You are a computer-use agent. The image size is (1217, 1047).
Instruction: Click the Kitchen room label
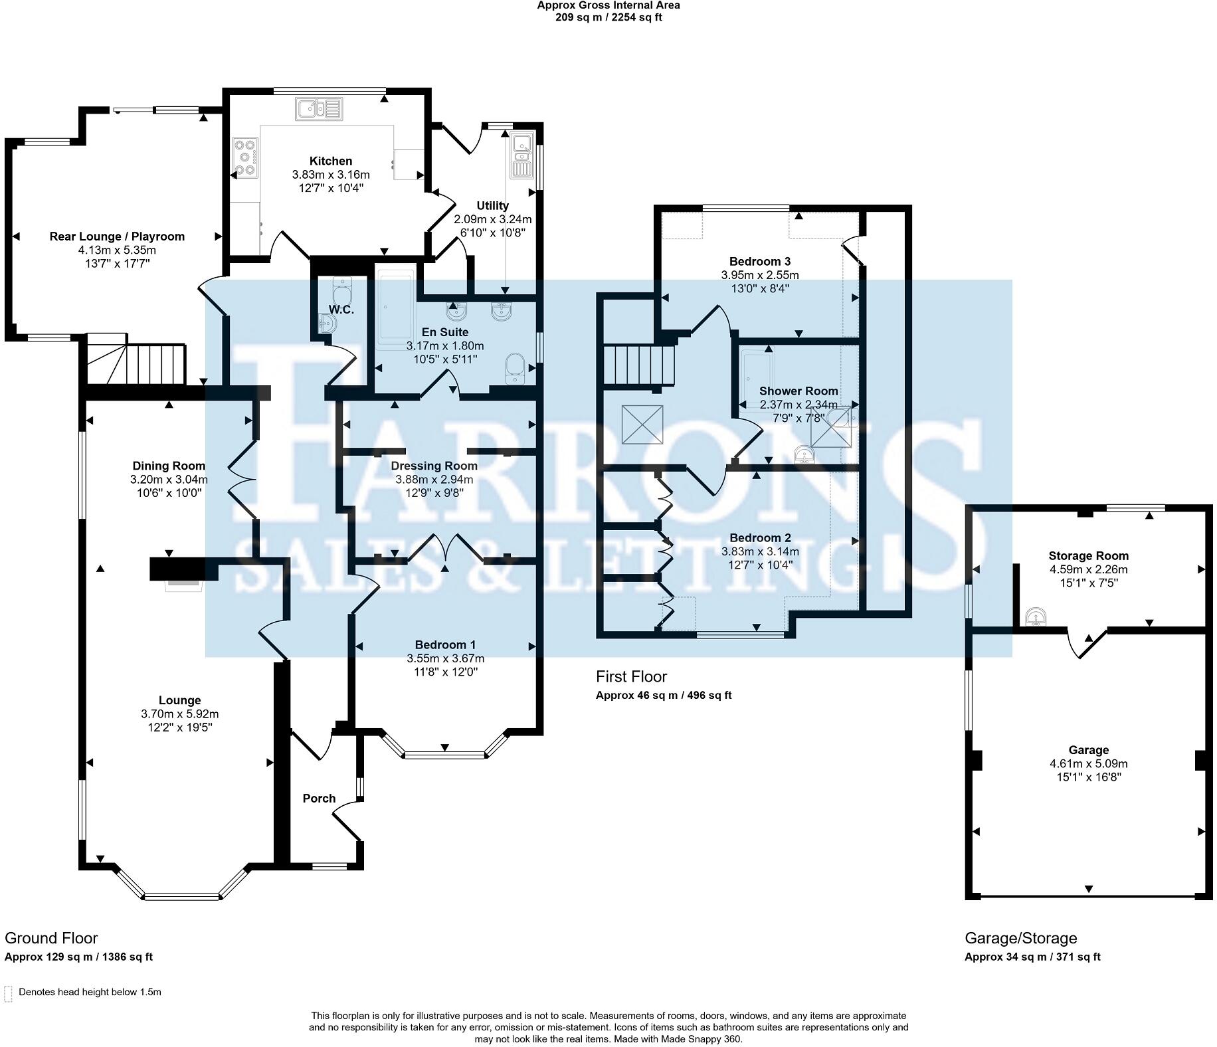tap(331, 161)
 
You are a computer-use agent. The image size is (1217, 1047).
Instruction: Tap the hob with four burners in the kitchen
tap(246, 157)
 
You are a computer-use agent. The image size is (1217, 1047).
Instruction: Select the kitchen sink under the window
tap(319, 108)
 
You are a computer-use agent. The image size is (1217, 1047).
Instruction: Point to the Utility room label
tap(493, 206)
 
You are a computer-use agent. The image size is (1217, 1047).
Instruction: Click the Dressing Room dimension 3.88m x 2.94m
tap(434, 480)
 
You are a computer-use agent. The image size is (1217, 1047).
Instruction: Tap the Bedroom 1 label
tap(445, 644)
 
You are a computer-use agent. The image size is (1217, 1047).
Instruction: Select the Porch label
tap(319, 799)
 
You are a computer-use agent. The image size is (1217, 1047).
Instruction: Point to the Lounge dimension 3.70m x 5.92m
tap(179, 714)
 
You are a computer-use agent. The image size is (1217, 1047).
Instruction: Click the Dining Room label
tap(169, 466)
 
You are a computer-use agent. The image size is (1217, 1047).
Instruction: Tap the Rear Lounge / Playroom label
tap(117, 237)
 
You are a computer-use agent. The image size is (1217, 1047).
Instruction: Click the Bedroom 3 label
tap(760, 261)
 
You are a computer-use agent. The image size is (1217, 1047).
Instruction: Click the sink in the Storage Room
tap(1035, 617)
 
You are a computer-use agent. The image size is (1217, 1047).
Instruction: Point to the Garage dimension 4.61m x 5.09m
tap(1089, 764)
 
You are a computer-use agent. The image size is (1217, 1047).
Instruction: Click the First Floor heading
tap(631, 676)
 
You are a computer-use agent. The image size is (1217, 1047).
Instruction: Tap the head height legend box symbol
tap(9, 994)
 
